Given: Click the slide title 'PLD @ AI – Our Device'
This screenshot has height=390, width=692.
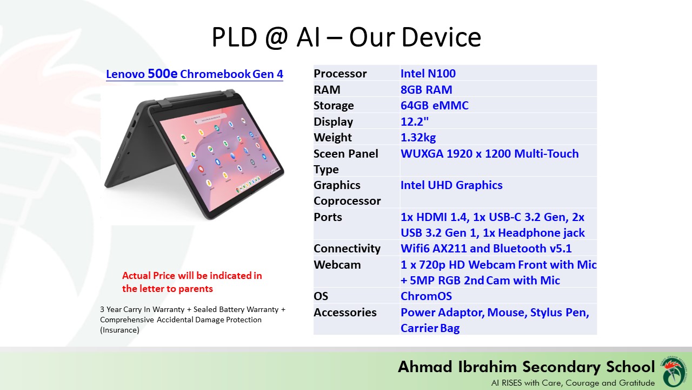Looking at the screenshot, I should click(x=346, y=38).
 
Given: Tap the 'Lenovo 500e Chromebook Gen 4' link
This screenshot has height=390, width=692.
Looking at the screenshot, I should click(x=194, y=74).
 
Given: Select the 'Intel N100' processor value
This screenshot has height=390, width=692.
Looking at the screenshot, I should click(x=428, y=74).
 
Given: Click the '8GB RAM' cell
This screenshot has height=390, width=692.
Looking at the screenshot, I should click(x=426, y=90).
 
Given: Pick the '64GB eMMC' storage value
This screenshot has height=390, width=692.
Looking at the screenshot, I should click(x=434, y=106).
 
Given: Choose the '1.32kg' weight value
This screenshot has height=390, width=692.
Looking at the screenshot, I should click(x=418, y=138).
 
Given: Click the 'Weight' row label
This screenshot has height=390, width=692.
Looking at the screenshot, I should click(x=332, y=138).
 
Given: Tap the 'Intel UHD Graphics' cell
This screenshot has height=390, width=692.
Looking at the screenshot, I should click(x=451, y=185).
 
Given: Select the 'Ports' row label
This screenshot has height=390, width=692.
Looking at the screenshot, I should click(x=328, y=217).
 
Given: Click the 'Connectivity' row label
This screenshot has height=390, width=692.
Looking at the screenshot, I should click(x=347, y=249).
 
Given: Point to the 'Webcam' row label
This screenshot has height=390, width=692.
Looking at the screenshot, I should click(x=337, y=265).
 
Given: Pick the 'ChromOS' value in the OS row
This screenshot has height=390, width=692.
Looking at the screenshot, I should click(x=426, y=296).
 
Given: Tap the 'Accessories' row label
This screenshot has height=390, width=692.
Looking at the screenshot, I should click(x=345, y=313).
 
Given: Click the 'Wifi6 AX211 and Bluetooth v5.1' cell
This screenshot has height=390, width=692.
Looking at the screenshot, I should click(x=486, y=249).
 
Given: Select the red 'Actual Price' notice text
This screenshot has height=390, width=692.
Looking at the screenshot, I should click(x=192, y=282).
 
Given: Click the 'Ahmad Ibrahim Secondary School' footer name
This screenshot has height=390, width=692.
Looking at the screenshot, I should click(x=526, y=367).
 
